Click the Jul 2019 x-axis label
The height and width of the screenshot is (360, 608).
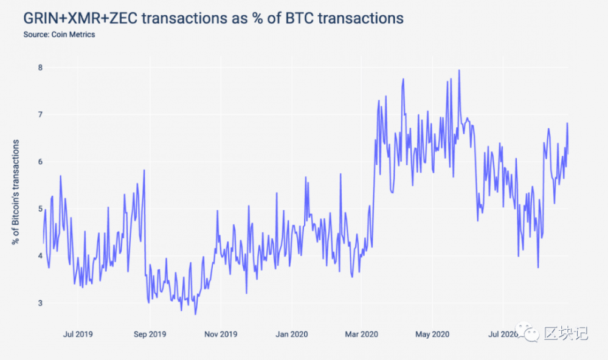(x=78, y=334)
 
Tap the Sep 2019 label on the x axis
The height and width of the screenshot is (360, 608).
(x=149, y=334)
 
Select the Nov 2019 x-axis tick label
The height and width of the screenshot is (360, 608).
(x=220, y=334)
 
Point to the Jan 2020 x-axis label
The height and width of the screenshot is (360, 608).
(x=291, y=334)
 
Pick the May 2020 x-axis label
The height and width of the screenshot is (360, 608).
(x=432, y=334)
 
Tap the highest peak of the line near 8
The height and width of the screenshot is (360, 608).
(x=459, y=71)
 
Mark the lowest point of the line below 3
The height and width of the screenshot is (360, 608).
(x=195, y=314)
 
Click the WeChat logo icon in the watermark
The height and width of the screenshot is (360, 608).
(x=531, y=333)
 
